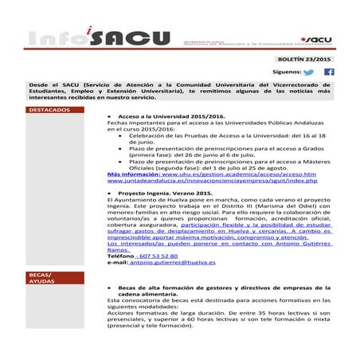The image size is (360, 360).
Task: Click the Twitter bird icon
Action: click(x=309, y=72)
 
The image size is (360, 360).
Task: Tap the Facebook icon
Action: click(x=329, y=72)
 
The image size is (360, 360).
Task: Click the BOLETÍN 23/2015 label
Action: click(x=306, y=59)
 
